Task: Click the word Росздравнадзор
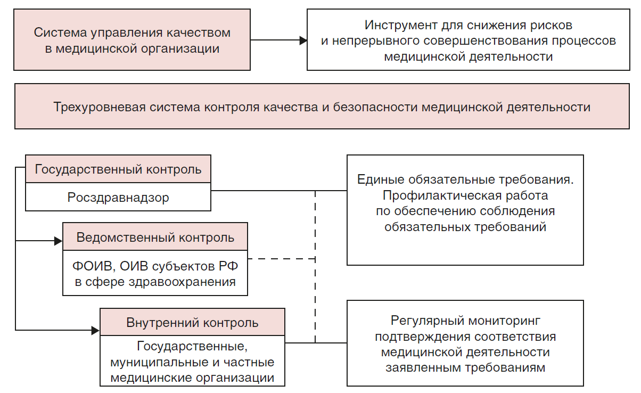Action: click(x=118, y=198)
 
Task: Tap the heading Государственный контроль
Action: click(x=118, y=169)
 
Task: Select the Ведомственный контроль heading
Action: click(x=155, y=238)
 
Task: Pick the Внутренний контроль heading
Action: click(x=193, y=323)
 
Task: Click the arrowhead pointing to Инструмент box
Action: click(x=303, y=40)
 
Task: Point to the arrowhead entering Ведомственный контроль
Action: click(x=59, y=241)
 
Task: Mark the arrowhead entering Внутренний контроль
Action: click(x=96, y=331)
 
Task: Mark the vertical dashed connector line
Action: click(x=315, y=266)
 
